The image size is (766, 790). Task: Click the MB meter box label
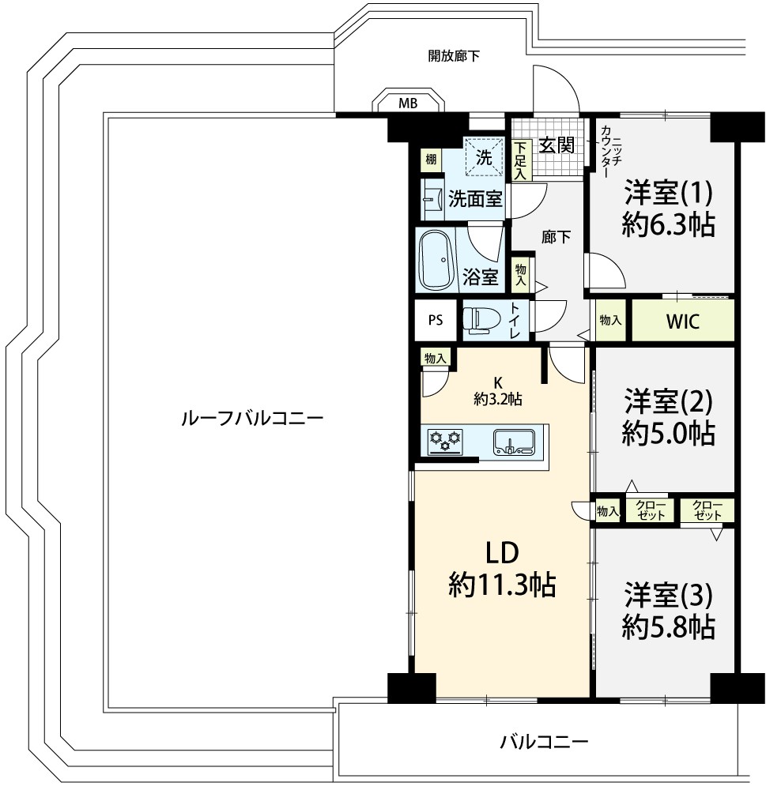point(408,103)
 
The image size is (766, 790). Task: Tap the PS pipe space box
point(436,320)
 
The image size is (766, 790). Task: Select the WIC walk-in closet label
point(683,321)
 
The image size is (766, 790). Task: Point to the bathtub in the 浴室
point(436,260)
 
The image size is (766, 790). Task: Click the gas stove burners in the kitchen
point(445,440)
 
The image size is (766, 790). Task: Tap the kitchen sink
point(514,442)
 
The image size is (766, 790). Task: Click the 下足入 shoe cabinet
point(520,160)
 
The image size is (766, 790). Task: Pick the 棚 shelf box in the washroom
point(431,160)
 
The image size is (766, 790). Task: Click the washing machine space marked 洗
point(484,156)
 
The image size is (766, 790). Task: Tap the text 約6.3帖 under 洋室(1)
point(668,224)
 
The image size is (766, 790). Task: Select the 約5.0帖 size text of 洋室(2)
point(668,433)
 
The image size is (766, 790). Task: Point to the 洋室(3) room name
point(668,595)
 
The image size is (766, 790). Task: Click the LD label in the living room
point(502,553)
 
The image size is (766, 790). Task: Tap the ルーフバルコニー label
point(252,418)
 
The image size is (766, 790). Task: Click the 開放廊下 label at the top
point(454,55)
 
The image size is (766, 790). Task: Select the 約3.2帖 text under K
point(498,399)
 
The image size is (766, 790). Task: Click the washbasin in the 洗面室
point(432,201)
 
